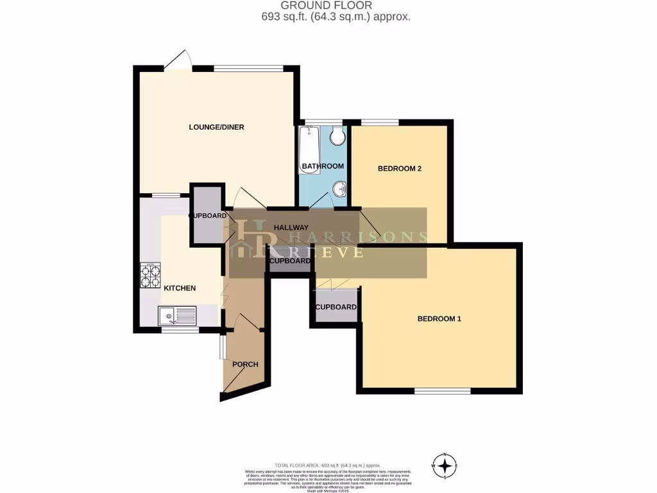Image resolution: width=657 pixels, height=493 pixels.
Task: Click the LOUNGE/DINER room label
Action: (216, 127)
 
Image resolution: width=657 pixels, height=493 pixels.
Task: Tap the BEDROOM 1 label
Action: (439, 319)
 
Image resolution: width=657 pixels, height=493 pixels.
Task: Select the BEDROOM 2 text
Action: (399, 169)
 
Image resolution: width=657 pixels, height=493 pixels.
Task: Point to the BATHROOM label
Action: (323, 166)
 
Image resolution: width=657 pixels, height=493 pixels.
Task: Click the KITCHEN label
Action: (180, 288)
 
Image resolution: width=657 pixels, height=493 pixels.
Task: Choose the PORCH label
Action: (245, 365)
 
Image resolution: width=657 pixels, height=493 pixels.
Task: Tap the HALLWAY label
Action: (291, 228)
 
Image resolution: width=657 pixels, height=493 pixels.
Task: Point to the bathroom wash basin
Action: (339, 189)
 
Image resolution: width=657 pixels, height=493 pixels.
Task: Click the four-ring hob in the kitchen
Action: (150, 276)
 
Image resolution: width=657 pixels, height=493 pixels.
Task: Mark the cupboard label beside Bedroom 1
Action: (336, 307)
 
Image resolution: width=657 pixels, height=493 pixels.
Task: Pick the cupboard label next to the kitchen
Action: (207, 216)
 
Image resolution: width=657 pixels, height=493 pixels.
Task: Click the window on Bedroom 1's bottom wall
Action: (442, 390)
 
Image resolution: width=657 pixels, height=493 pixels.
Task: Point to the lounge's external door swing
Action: (178, 60)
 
